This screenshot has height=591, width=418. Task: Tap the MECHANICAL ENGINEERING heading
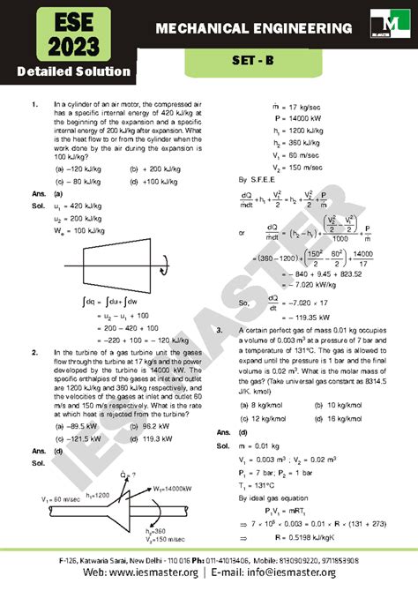[x=250, y=30]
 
